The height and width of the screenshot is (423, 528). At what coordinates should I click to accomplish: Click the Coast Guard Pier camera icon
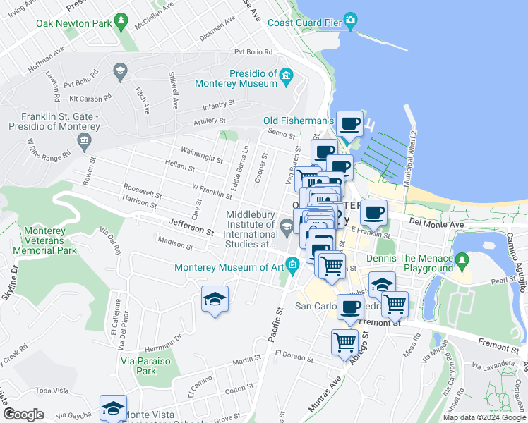pyautogui.click(x=350, y=20)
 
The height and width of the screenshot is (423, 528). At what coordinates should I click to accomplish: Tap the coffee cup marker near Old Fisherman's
pyautogui.click(x=349, y=125)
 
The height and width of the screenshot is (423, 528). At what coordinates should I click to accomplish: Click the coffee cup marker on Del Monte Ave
pyautogui.click(x=373, y=212)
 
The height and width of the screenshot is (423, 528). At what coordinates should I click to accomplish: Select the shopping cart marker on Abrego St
pyautogui.click(x=344, y=342)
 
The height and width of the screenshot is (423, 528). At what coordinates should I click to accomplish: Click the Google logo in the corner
pyautogui.click(x=24, y=414)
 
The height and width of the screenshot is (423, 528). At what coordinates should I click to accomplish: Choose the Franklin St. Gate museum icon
pyautogui.click(x=84, y=143)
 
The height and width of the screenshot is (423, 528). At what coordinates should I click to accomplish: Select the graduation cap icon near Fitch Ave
pyautogui.click(x=119, y=70)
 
